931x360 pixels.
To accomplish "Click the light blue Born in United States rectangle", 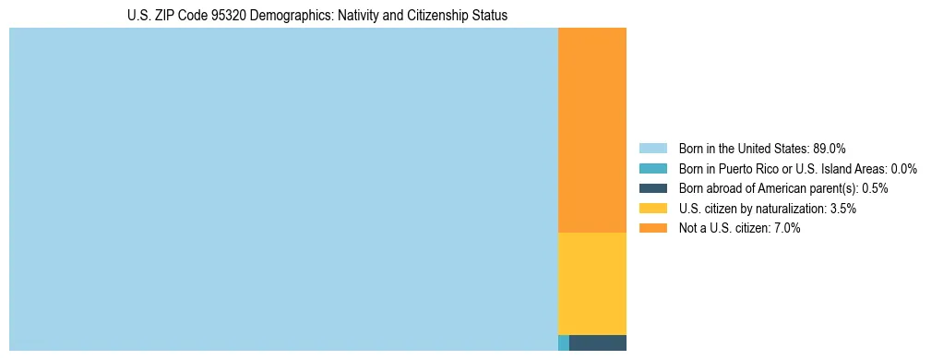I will click(x=283, y=189).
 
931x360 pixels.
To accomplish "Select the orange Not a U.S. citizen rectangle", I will click(x=592, y=130).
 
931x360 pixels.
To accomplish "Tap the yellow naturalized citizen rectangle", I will click(x=592, y=283).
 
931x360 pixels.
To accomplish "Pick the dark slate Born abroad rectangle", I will click(x=598, y=343).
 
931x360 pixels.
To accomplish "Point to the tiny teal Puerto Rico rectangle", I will click(x=564, y=343).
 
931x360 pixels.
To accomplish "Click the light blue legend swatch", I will click(x=652, y=148).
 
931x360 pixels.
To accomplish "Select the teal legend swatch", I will click(x=652, y=168).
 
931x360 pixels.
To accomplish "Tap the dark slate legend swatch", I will click(x=652, y=188).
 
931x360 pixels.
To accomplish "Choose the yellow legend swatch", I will click(x=652, y=209).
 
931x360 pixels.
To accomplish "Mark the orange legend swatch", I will click(x=652, y=229).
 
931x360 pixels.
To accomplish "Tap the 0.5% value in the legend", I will click(x=875, y=188).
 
